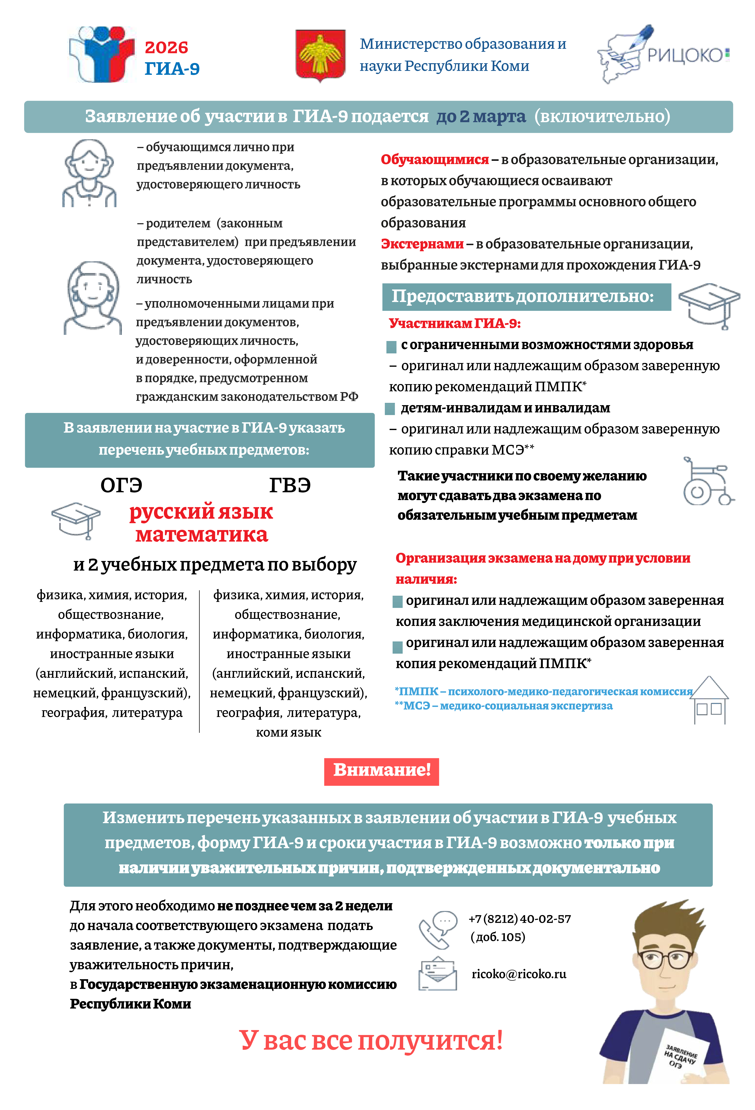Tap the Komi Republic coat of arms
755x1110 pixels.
tap(320, 55)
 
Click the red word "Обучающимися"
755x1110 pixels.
tap(435, 159)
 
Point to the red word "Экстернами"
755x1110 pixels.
tap(422, 244)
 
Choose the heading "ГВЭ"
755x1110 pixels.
tap(290, 485)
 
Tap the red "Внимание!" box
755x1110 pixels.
tap(381, 770)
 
